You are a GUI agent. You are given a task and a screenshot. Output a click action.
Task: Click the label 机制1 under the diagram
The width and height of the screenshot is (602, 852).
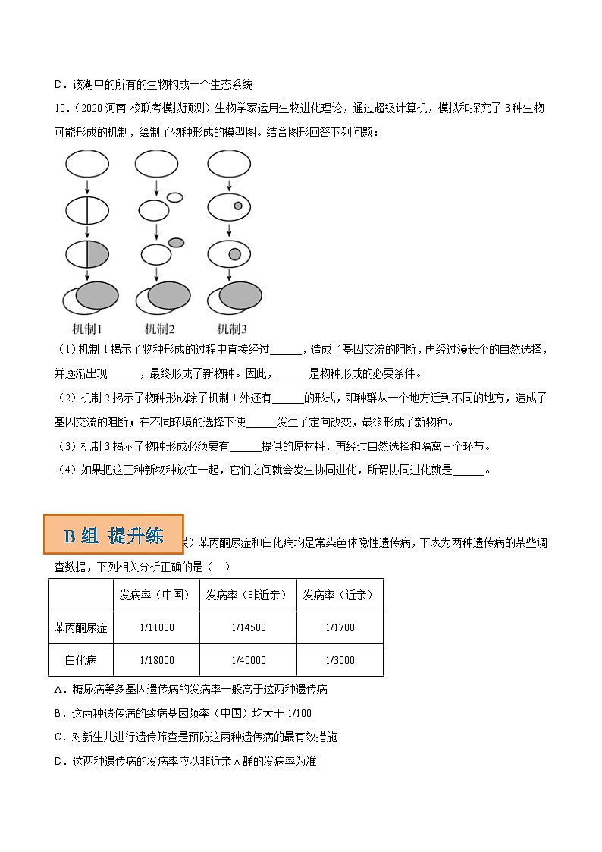coord(87,329)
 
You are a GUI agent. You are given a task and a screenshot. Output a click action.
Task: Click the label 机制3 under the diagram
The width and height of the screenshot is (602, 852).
coord(232,329)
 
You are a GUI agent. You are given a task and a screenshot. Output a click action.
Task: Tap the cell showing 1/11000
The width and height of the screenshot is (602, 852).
coord(157,627)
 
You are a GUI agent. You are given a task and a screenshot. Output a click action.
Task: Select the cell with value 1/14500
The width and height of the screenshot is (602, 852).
coord(248,627)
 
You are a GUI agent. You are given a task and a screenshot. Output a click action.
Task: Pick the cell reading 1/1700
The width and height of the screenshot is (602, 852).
coord(340,627)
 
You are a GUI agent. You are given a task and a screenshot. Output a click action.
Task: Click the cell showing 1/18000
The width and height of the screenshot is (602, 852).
coord(157,660)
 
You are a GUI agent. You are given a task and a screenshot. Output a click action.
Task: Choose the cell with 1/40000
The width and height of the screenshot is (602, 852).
coord(248,660)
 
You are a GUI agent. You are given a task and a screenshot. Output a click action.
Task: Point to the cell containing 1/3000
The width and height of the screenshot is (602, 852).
coord(340,660)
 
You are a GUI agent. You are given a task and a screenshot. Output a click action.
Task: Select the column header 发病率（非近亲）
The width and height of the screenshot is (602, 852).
coord(248,596)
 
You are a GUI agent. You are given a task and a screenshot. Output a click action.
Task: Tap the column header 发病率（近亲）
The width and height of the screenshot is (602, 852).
coord(340,596)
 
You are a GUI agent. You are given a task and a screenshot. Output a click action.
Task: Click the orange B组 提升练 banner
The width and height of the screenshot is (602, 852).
coord(114,536)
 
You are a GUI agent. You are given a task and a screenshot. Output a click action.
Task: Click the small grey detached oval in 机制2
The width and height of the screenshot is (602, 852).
coord(176,243)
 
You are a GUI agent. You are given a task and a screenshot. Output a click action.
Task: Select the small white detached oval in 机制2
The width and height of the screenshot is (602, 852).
coord(174,197)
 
